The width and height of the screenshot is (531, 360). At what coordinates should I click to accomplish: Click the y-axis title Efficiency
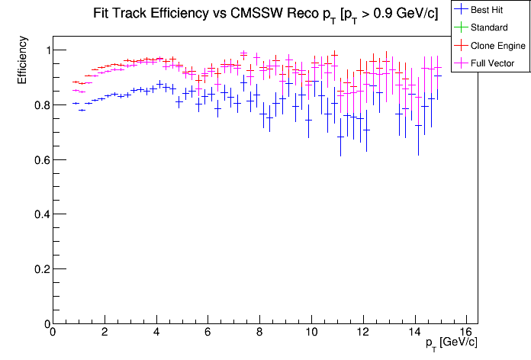point(22,60)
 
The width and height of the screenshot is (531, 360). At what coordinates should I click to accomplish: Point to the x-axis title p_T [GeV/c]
point(451,343)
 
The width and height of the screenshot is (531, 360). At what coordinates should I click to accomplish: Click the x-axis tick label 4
point(156,333)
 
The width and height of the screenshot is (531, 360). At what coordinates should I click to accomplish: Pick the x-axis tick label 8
point(259,333)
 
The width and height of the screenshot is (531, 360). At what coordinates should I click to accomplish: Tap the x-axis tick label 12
point(362,333)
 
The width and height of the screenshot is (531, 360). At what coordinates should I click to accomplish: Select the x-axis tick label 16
point(466,333)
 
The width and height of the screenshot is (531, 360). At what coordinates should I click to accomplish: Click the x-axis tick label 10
point(311,333)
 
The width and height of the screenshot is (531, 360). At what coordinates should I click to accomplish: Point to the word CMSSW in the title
point(256,13)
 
